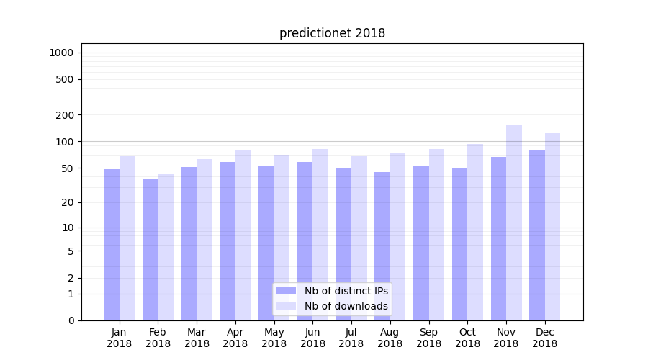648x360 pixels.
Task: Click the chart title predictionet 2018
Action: point(332,33)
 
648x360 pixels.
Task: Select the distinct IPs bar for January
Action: point(112,245)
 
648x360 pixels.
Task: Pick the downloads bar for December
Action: point(552,227)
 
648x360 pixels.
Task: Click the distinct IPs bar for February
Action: point(150,249)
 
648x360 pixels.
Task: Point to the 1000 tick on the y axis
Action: point(61,53)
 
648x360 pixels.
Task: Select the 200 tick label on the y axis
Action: point(65,115)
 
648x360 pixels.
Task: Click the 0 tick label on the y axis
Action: point(71,320)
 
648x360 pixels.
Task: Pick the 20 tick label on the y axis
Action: point(68,202)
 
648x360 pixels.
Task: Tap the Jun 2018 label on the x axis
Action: point(312,338)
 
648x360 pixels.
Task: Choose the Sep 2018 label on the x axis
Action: point(428,338)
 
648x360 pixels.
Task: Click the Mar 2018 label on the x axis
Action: point(197,338)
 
